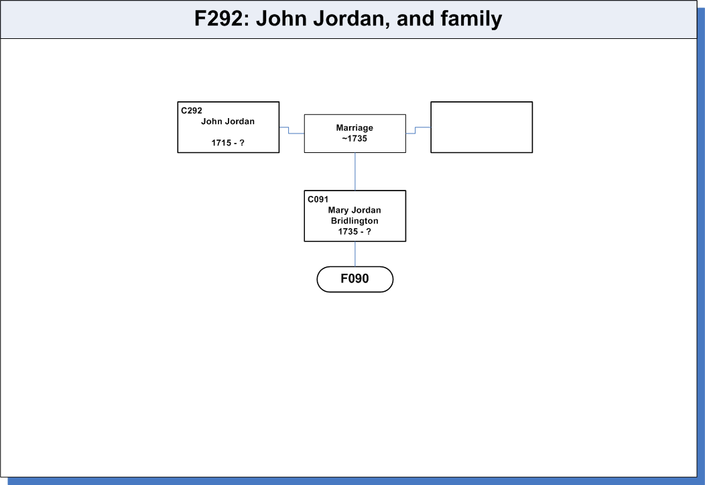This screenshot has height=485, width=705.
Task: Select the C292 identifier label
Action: [192, 111]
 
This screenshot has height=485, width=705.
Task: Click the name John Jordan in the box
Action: [228, 121]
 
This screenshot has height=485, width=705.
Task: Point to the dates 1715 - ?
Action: [228, 143]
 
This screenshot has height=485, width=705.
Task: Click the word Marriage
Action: [355, 127]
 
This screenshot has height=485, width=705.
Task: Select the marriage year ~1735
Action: [355, 139]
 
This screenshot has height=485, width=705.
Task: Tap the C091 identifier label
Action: [318, 199]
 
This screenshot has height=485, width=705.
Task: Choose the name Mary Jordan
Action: [355, 210]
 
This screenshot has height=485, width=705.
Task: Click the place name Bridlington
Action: [355, 221]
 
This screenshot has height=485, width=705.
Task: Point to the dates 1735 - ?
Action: [355, 231]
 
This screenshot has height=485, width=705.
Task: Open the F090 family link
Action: [355, 279]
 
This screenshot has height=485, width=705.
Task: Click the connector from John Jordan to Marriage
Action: [289, 130]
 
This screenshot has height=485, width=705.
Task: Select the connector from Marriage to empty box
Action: [415, 130]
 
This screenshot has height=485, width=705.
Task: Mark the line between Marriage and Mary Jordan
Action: [355, 172]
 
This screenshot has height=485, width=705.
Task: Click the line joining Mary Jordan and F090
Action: [355, 254]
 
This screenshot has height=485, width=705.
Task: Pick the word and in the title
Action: [415, 19]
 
